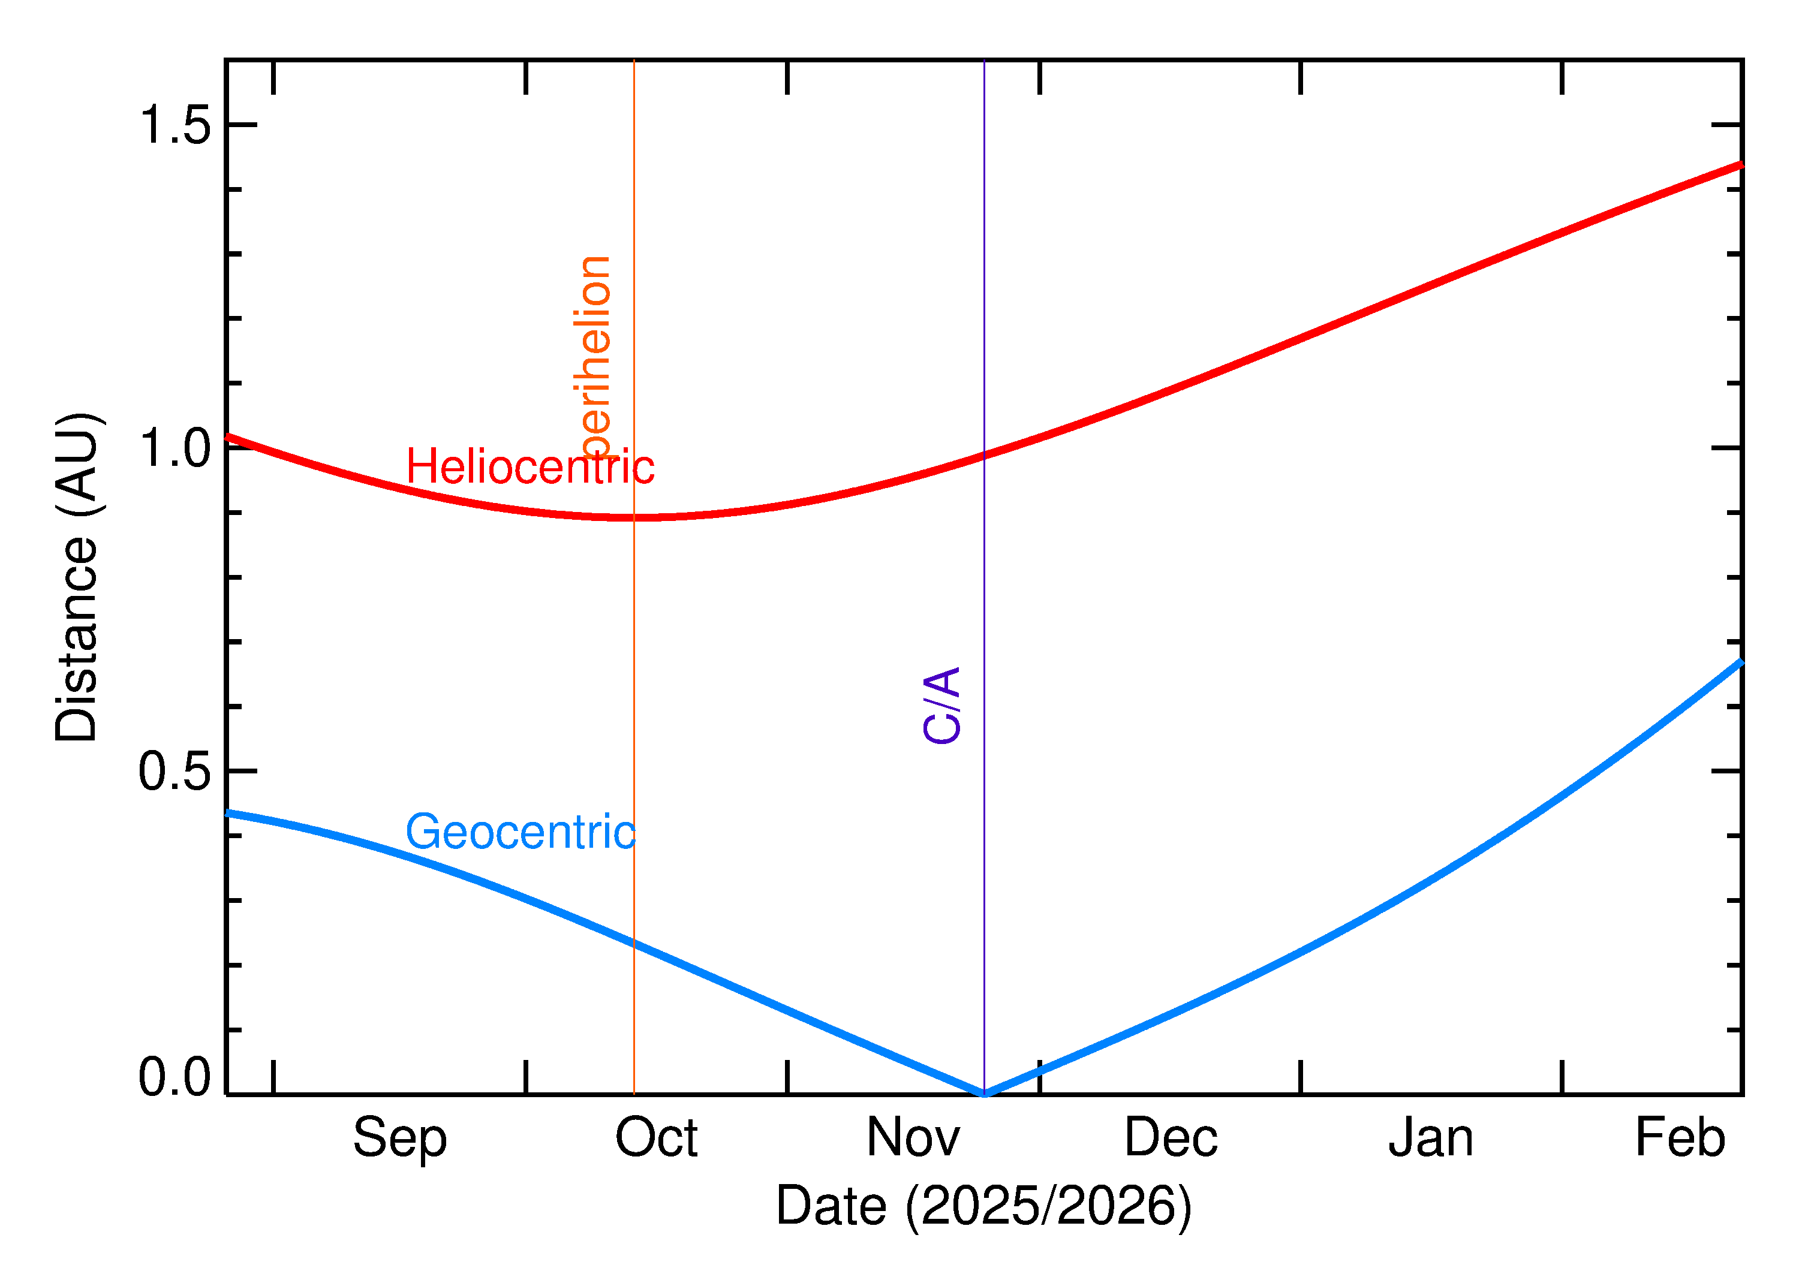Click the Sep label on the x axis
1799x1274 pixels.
click(x=399, y=1139)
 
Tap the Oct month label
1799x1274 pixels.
click(x=656, y=1139)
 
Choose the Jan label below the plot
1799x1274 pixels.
click(x=1430, y=1139)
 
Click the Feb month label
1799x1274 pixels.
click(x=1680, y=1139)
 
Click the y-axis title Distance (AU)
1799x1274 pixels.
click(x=77, y=577)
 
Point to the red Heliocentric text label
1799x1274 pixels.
click(x=530, y=468)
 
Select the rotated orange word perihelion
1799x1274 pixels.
click(x=594, y=357)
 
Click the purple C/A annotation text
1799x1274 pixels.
click(x=942, y=705)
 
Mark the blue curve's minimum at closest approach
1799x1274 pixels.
click(x=984, y=1094)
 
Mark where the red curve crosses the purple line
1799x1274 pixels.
click(x=984, y=456)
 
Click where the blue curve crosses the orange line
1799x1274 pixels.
click(x=634, y=944)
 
